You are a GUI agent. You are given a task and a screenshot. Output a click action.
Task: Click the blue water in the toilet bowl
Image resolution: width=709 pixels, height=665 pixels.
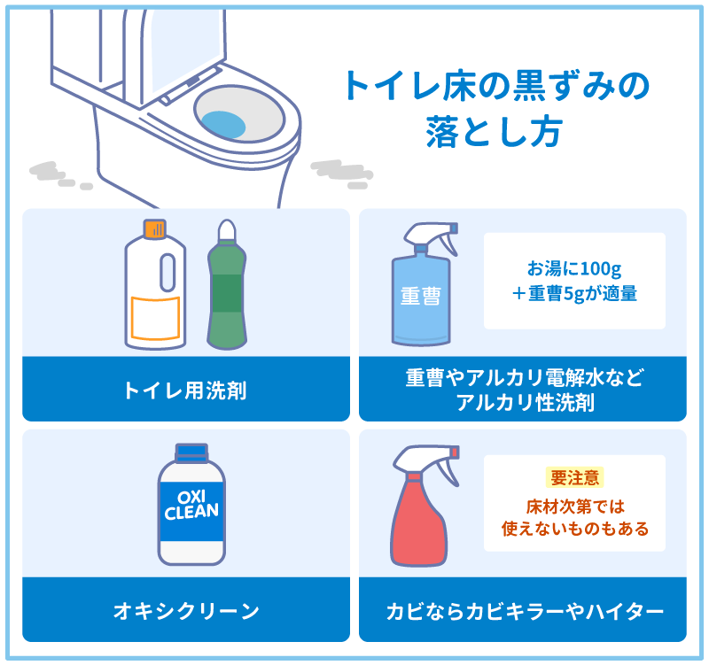[x=223, y=125]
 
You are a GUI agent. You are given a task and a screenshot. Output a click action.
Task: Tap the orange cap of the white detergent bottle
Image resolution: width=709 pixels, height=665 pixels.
[x=154, y=228]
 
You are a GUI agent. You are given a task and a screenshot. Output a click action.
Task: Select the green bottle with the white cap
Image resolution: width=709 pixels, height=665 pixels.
[x=227, y=284]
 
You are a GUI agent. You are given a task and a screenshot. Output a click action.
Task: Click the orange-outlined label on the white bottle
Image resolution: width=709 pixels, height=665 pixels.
[x=156, y=318]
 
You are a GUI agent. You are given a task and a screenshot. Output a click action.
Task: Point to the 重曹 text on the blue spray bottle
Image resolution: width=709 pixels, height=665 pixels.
[x=420, y=297]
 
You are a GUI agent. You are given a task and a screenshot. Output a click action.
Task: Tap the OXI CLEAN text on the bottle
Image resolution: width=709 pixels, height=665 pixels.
[x=191, y=505]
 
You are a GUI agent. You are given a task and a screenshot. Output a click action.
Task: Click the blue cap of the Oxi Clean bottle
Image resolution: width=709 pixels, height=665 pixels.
[x=191, y=452]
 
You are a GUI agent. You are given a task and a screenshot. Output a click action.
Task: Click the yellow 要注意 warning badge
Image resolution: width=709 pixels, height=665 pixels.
[x=574, y=478]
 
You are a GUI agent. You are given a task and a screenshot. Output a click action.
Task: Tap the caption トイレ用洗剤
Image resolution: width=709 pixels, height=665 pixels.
[x=186, y=390]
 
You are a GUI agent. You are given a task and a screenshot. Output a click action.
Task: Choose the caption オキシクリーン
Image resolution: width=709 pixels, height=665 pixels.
[x=186, y=611]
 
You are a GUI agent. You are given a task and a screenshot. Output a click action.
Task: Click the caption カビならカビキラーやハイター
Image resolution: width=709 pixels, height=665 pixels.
[x=525, y=611]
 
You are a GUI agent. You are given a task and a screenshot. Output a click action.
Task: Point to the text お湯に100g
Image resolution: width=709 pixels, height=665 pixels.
[x=574, y=269]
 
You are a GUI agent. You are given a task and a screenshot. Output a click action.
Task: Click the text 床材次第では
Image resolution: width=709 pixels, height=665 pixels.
[x=575, y=506]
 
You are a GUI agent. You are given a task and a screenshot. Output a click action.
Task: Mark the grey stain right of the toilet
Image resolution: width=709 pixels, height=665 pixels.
[x=342, y=174]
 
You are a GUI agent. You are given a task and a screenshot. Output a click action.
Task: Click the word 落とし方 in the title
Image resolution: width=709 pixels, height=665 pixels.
[x=494, y=132]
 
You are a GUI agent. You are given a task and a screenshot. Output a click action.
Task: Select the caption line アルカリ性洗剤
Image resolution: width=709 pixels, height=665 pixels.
[x=525, y=402]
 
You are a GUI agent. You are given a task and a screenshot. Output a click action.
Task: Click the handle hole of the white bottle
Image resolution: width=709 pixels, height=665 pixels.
[x=168, y=272]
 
